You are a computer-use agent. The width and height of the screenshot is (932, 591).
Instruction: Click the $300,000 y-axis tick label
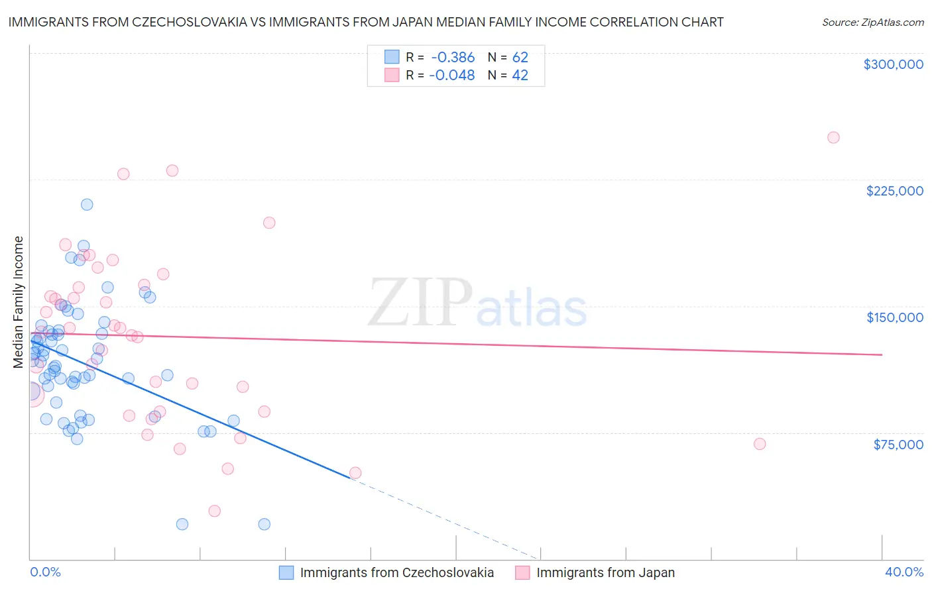coord(893,64)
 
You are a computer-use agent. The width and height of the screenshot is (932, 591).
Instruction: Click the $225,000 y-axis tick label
coord(894,191)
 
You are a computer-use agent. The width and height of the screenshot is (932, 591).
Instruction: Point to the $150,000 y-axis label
coord(894,317)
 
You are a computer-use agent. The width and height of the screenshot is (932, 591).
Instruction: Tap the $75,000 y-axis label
coord(898,445)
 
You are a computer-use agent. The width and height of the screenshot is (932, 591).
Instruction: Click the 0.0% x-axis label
coord(45,572)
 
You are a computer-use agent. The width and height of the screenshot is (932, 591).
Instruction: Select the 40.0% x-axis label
coord(903,572)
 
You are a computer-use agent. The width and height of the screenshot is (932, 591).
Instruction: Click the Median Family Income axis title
coord(18,302)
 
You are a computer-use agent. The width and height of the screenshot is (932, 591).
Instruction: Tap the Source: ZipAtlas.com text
coord(872,22)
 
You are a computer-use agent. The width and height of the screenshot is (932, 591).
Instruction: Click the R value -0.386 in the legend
coord(451,58)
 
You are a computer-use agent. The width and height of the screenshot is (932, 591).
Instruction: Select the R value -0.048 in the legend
coord(451,76)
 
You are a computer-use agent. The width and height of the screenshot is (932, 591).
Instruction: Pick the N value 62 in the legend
coord(520,58)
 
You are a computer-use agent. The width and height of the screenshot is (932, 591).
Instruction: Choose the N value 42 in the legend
coord(520,76)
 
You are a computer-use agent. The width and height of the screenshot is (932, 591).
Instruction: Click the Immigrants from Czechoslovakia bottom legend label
coord(396,572)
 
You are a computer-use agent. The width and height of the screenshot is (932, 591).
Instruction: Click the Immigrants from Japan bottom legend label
coord(605,572)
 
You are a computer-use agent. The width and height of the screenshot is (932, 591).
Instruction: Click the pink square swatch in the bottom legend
coord(522,572)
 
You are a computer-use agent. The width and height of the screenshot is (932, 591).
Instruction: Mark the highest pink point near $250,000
coord(833,138)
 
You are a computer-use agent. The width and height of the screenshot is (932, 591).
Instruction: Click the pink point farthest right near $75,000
coord(760,444)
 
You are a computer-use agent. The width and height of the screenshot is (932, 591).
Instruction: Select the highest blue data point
coord(87,205)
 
